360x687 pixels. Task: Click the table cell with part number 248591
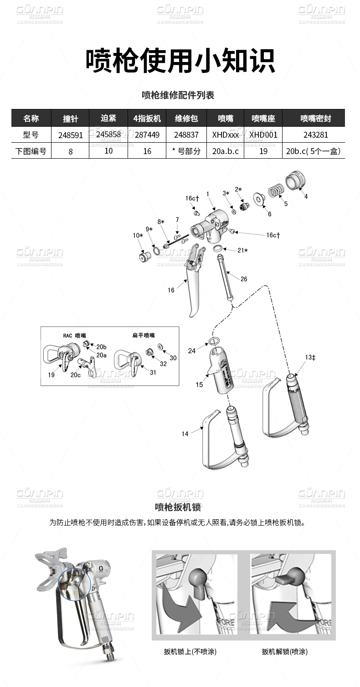pyautogui.click(x=70, y=135)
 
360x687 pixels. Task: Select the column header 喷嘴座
pyautogui.click(x=263, y=119)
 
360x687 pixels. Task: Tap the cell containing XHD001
pyautogui.click(x=263, y=135)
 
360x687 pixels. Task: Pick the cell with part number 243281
pyautogui.click(x=314, y=135)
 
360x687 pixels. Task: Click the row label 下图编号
pyautogui.click(x=31, y=151)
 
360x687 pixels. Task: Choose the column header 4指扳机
pyautogui.click(x=147, y=119)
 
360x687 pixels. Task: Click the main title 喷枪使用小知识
pyautogui.click(x=180, y=61)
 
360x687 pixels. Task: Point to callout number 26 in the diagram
pyautogui.click(x=244, y=279)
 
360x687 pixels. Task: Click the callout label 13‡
pyautogui.click(x=310, y=357)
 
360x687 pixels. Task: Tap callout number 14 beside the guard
pyautogui.click(x=185, y=434)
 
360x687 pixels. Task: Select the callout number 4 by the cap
pyautogui.click(x=306, y=196)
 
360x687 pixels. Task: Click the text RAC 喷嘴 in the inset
pyautogui.click(x=74, y=335)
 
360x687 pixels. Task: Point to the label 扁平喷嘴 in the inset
pyautogui.click(x=144, y=335)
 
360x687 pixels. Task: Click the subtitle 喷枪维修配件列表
pyautogui.click(x=178, y=95)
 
